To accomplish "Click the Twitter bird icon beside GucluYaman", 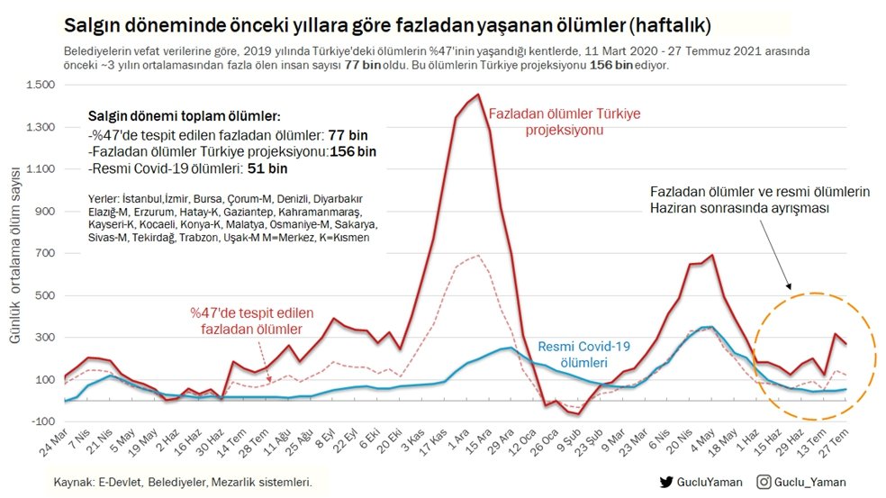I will (666, 482).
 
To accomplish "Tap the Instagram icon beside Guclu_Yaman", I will (763, 482).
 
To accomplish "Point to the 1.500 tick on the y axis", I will (41, 85).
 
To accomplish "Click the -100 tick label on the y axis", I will (41, 421).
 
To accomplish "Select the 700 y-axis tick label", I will (45, 253).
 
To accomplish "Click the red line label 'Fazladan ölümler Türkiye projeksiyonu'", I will (565, 122).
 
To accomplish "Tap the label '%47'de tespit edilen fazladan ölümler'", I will (251, 321).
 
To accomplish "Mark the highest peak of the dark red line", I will (478, 95).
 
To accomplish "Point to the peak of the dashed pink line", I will (478, 256).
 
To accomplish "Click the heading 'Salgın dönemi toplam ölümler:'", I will (185, 117).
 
